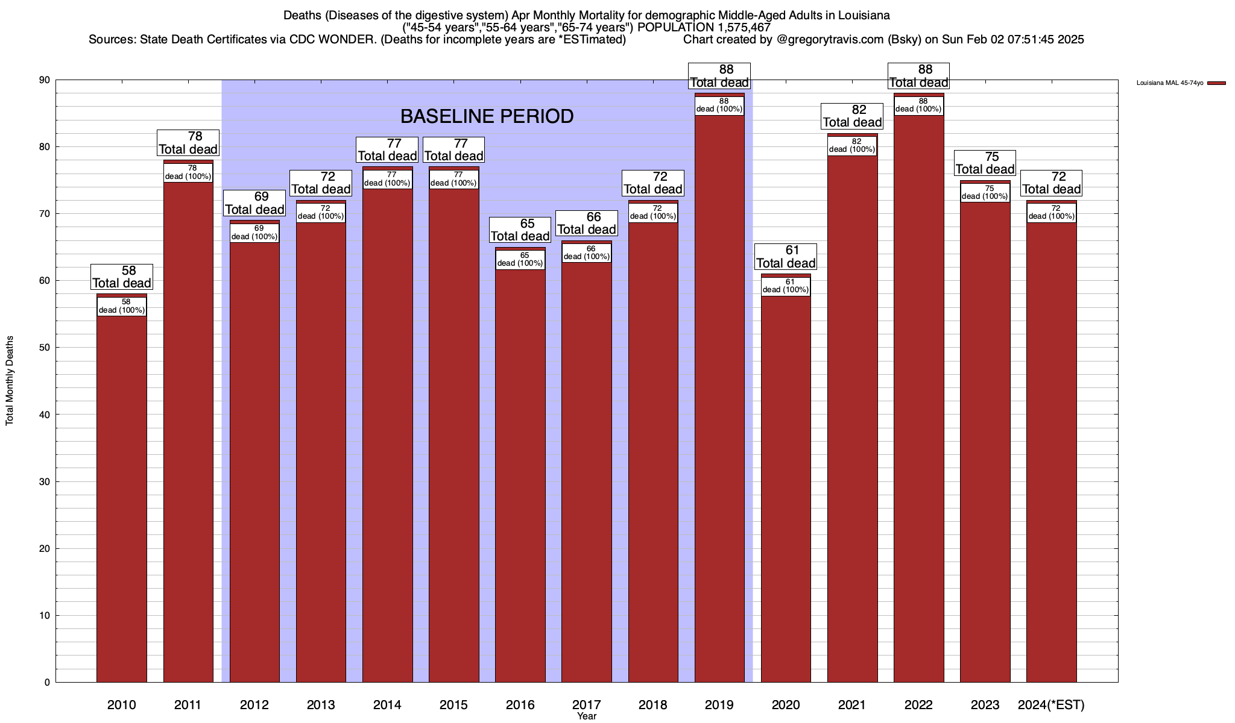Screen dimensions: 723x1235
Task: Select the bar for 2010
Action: click(x=122, y=494)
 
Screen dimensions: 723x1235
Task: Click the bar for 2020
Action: click(x=786, y=482)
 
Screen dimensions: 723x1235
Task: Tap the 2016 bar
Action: click(x=520, y=476)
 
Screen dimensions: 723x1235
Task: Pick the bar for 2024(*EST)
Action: click(x=1051, y=452)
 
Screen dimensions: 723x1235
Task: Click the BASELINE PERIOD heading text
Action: click(x=487, y=116)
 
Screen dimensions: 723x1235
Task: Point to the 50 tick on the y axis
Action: click(x=46, y=348)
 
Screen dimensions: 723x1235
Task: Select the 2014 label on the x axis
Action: click(x=387, y=705)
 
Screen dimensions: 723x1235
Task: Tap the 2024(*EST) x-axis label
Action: click(x=1051, y=705)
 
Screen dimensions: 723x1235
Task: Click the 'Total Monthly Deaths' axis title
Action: click(x=10, y=381)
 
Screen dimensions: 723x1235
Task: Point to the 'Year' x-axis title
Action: click(x=586, y=716)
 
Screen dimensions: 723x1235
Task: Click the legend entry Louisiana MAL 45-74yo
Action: click(x=1170, y=83)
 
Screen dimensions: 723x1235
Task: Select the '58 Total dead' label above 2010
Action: click(x=122, y=277)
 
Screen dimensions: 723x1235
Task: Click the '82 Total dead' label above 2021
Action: click(x=852, y=116)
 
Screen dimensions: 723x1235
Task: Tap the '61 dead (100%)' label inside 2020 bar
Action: click(x=786, y=286)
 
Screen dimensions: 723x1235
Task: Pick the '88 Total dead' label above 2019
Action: click(x=719, y=77)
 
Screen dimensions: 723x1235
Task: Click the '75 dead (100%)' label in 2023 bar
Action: click(x=985, y=193)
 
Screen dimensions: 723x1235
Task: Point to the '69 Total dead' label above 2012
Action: click(x=254, y=204)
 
